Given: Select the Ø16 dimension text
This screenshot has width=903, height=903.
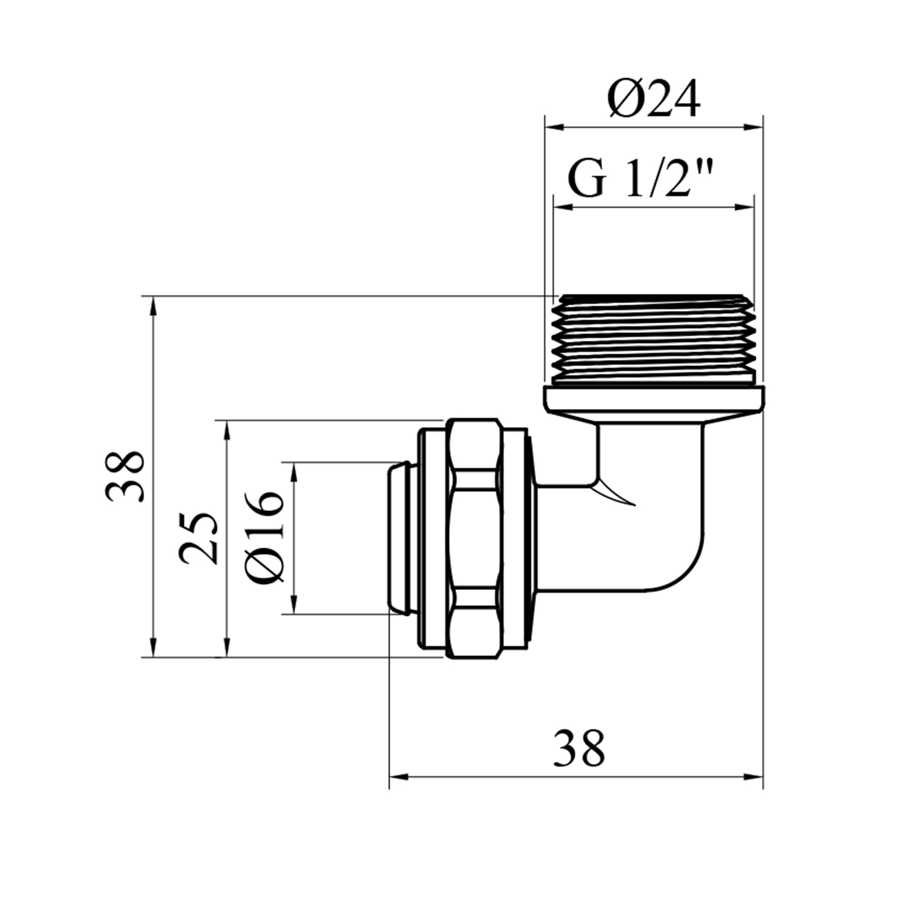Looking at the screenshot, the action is (x=264, y=538).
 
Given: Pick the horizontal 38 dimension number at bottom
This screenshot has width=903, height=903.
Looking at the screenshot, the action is (x=579, y=748).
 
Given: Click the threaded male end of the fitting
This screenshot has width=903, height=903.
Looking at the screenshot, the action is (x=653, y=339).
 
